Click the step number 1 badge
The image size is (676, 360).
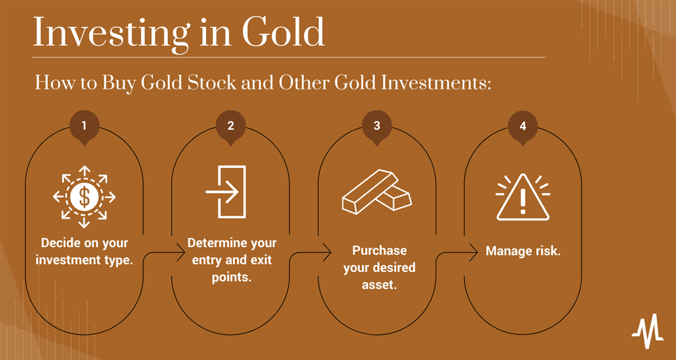pyautogui.click(x=84, y=127)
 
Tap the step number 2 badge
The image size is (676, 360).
pyautogui.click(x=230, y=127)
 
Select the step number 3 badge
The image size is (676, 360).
pyautogui.click(x=377, y=127)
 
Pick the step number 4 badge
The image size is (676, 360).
pyautogui.click(x=523, y=127)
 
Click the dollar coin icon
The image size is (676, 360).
pyautogui.click(x=84, y=197)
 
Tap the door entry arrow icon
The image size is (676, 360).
pyautogui.click(x=226, y=192)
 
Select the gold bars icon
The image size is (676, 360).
pyautogui.click(x=377, y=192)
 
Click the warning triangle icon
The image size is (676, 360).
pyautogui.click(x=523, y=197)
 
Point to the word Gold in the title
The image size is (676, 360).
pyautogui.click(x=283, y=33)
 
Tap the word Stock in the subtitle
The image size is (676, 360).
pyautogui.click(x=211, y=82)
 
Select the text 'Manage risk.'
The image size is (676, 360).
pyautogui.click(x=523, y=251)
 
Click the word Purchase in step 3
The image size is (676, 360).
pyautogui.click(x=379, y=251)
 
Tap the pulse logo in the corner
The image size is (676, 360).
pyautogui.click(x=648, y=331)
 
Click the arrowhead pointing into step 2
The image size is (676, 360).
pyautogui.click(x=181, y=252)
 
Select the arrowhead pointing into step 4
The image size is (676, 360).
pyautogui.click(x=473, y=252)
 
